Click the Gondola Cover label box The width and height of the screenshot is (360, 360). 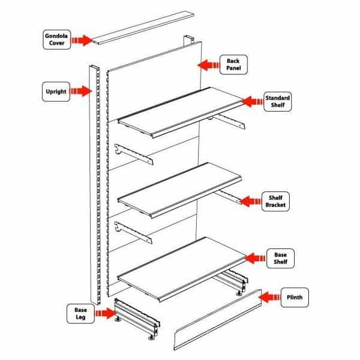[58, 40]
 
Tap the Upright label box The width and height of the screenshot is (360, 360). [56, 92]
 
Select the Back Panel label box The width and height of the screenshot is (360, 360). [233, 65]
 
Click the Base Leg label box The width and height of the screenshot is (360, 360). [80, 313]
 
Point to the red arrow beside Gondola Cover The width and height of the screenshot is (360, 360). [82, 40]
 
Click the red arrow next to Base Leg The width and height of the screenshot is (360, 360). [104, 313]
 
